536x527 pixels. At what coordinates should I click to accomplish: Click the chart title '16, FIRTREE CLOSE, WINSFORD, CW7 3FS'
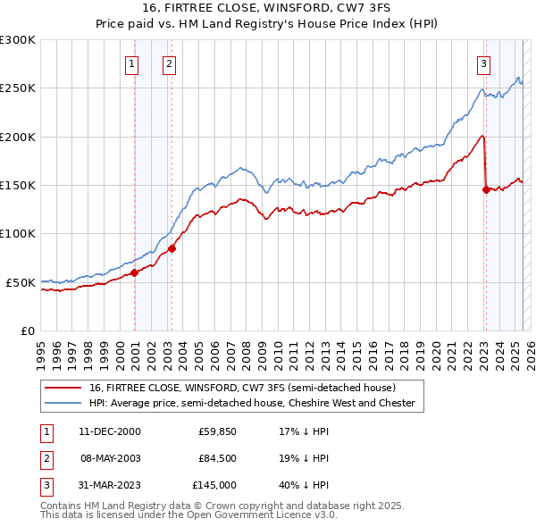click(x=267, y=8)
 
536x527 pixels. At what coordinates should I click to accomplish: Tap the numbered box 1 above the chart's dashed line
click(x=132, y=63)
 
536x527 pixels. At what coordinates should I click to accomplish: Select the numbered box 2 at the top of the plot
click(x=169, y=63)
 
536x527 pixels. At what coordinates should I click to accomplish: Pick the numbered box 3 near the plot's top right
click(x=483, y=63)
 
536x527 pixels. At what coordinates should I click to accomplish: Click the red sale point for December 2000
click(x=134, y=272)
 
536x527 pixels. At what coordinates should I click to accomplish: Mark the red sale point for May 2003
click(x=172, y=249)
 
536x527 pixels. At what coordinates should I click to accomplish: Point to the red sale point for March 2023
click(x=486, y=189)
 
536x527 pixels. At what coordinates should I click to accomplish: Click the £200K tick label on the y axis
click(x=18, y=137)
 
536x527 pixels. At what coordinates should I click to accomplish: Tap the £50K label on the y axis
click(x=21, y=282)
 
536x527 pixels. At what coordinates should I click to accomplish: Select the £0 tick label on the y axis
click(x=27, y=330)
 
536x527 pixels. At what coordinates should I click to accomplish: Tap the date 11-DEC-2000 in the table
click(x=110, y=431)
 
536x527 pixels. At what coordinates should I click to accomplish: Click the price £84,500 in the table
click(x=217, y=458)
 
